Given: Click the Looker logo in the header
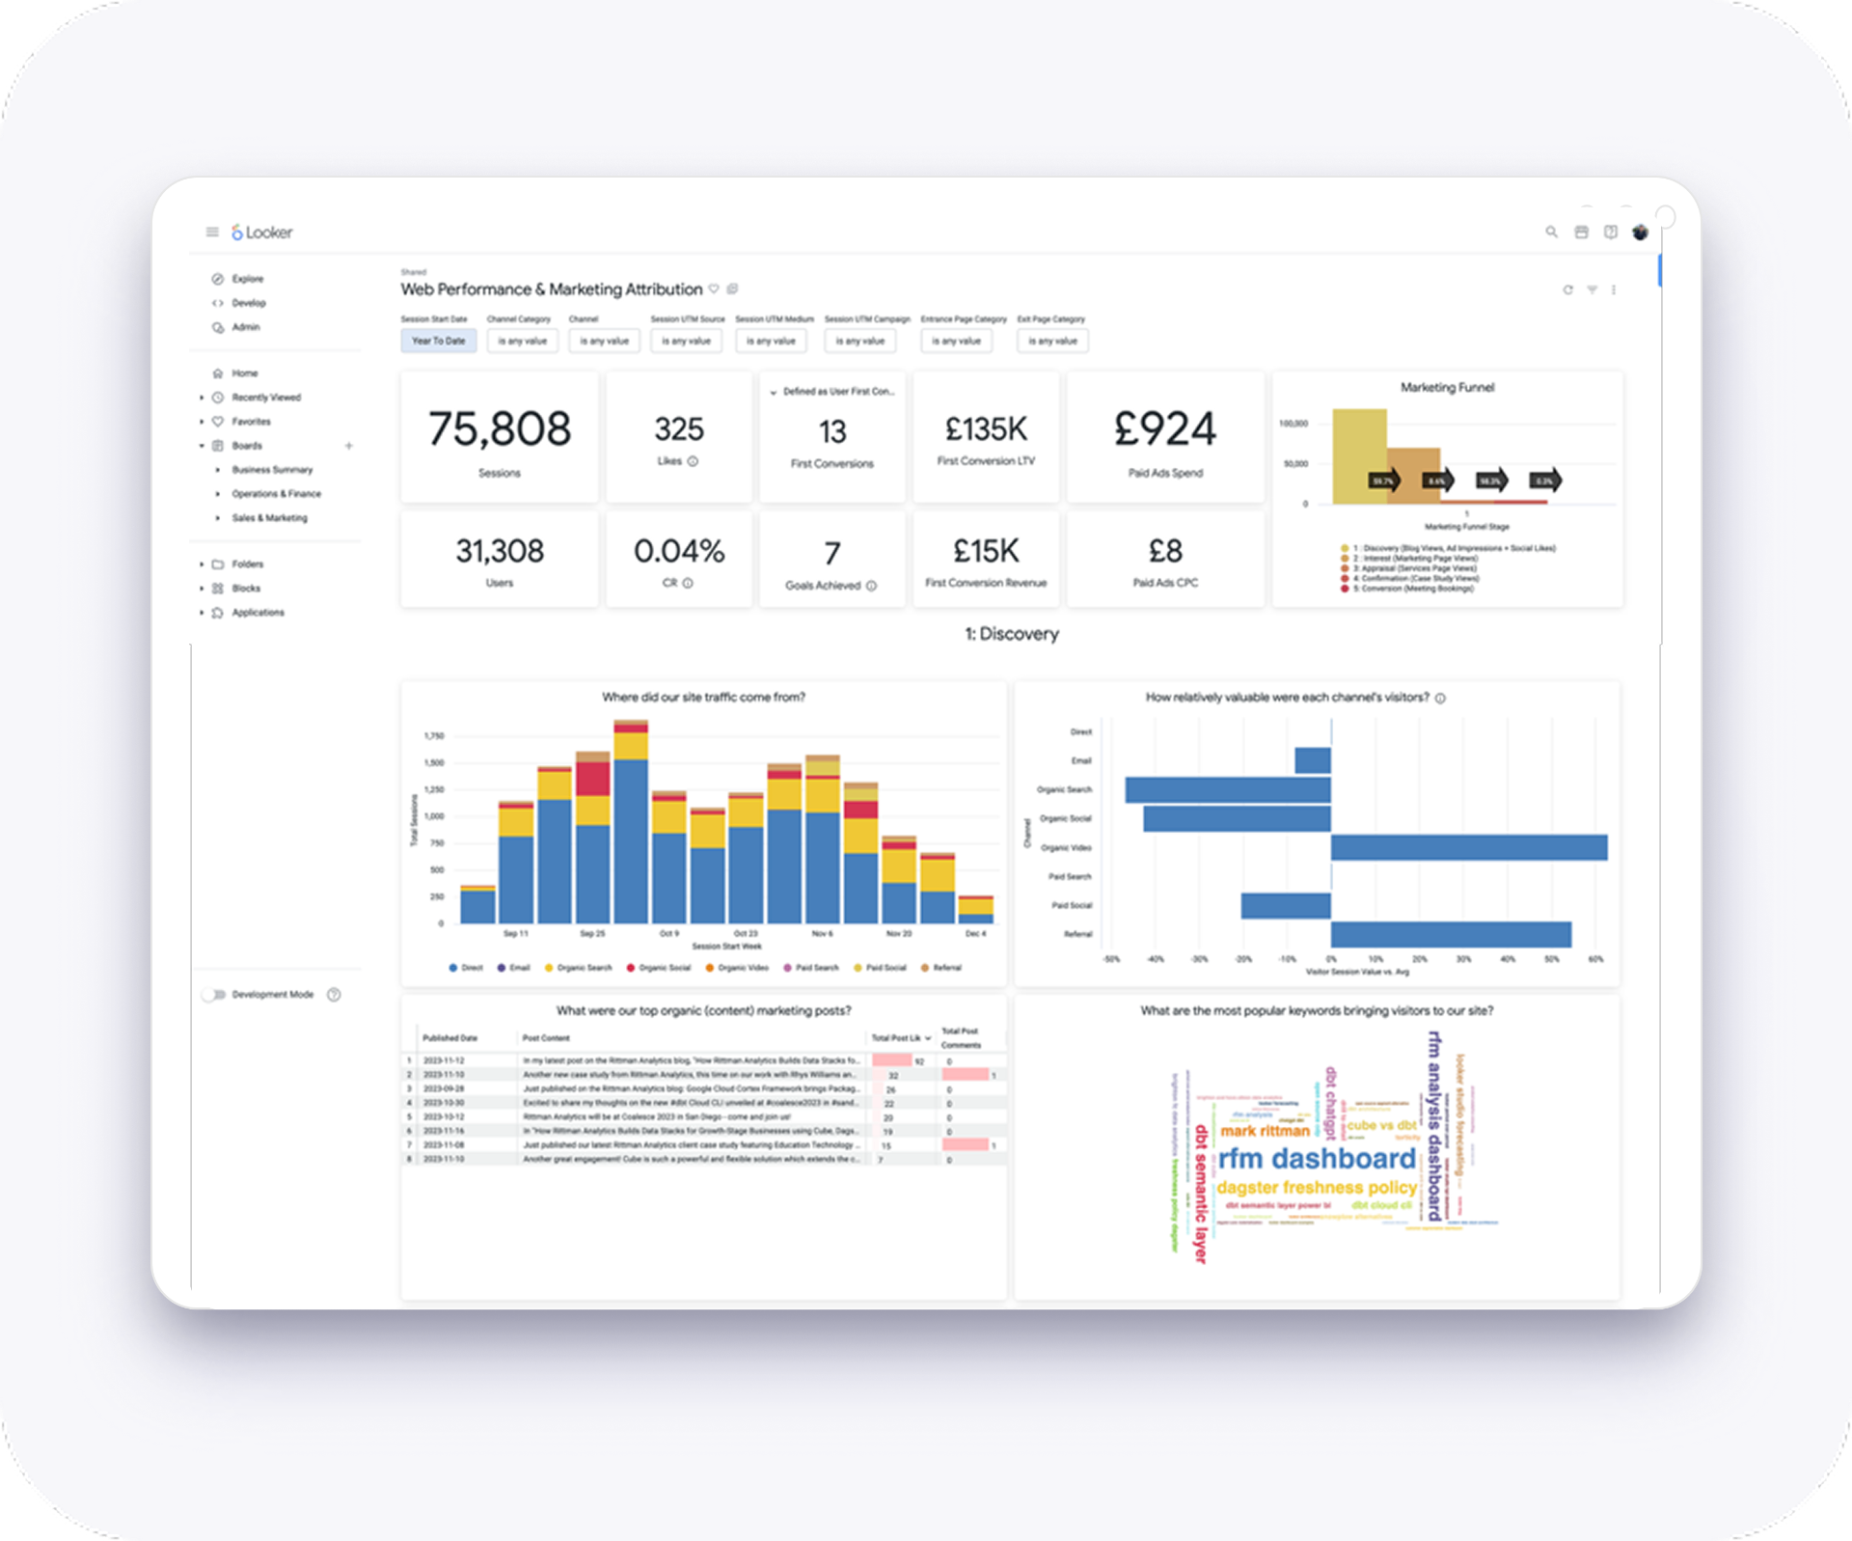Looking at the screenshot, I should pos(261,233).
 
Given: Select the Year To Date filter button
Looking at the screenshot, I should pos(438,341).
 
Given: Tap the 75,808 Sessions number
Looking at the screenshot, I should pos(499,429).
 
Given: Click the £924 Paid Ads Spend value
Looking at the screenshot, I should pos(1164,429).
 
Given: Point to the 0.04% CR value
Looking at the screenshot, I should pos(678,551).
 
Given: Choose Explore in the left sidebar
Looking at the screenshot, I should pos(247,279).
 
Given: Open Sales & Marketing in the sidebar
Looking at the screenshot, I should pos(269,518).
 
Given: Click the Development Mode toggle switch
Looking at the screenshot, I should pos(213,995).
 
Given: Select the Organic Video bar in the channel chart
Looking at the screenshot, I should pos(1468,847).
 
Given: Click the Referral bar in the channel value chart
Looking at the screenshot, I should pos(1450,934).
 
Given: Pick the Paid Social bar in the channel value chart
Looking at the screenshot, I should pos(1285,905).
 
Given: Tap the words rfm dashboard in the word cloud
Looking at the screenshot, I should pos(1316,1158).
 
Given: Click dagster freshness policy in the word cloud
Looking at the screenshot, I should pos(1316,1187).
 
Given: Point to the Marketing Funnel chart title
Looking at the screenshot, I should pos(1447,388).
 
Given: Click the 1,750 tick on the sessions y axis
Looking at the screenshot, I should pos(434,736).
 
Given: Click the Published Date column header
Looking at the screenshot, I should pos(449,1038).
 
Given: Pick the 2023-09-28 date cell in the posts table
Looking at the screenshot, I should pos(444,1088).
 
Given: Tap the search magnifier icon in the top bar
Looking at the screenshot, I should pos(1551,233).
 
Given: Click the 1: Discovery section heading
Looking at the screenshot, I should pos(1011,634).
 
